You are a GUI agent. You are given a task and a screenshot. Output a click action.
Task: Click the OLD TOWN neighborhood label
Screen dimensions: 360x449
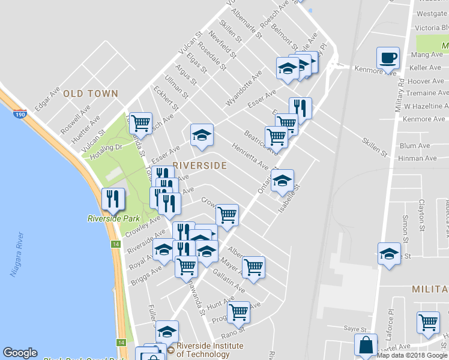pos(91,94)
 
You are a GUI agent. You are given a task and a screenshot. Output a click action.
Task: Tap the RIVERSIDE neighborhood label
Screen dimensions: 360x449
pos(200,166)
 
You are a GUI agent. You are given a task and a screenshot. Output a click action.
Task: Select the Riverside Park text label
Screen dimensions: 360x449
pos(113,218)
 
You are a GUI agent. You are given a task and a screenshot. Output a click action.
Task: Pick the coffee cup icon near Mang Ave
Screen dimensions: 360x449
pos(388,59)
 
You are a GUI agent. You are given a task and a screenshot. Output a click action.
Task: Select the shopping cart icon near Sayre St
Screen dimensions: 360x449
pos(428,322)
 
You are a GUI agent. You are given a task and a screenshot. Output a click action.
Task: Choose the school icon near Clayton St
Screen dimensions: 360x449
pos(389,253)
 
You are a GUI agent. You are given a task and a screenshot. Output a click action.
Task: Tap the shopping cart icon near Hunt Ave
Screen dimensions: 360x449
pos(239,312)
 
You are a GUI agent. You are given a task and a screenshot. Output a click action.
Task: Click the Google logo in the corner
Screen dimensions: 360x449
pos(20,353)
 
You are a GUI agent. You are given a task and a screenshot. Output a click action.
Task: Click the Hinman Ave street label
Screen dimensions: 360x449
pos(418,158)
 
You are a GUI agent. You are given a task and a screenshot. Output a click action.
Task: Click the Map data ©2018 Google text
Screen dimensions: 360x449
pos(412,355)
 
